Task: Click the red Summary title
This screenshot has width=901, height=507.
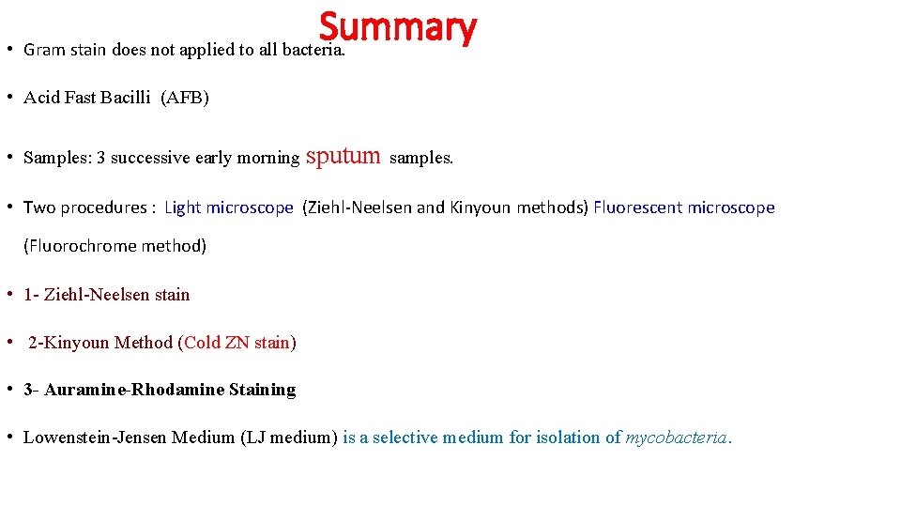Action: (x=397, y=27)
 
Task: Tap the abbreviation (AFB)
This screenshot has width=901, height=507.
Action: (x=185, y=98)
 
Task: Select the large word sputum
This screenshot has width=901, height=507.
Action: (x=344, y=155)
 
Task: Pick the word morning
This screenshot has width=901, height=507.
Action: (x=268, y=158)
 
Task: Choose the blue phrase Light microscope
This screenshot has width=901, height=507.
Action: (x=228, y=207)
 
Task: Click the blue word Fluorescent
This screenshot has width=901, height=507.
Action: (x=638, y=207)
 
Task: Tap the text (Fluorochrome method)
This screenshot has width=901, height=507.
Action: (x=115, y=246)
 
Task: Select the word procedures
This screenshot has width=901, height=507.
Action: (x=103, y=207)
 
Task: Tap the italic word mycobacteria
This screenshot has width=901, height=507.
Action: (x=676, y=438)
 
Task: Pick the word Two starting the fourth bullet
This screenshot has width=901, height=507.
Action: (x=39, y=207)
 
